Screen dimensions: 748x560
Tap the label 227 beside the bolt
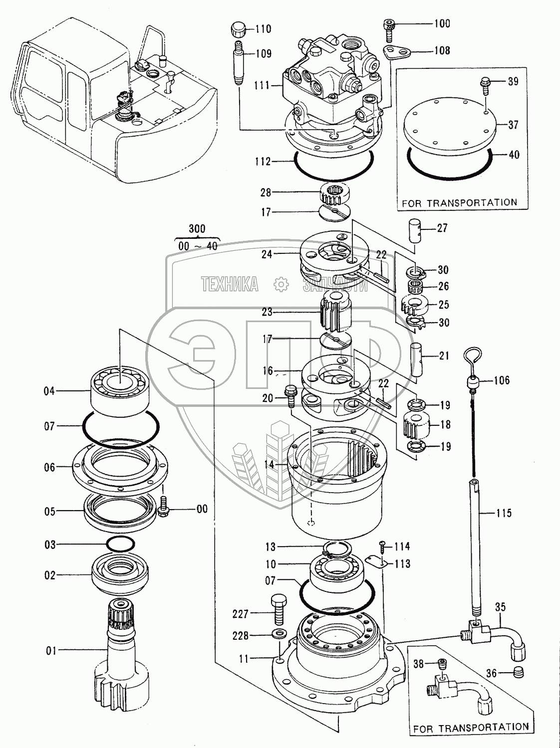(x=241, y=614)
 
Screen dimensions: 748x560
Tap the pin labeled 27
(x=416, y=229)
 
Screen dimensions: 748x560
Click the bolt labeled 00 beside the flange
(x=164, y=508)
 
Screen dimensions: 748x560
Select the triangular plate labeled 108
(x=395, y=52)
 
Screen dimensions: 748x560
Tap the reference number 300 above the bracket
(x=197, y=229)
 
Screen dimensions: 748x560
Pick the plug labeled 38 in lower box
(x=442, y=663)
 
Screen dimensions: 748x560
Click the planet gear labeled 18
(x=416, y=424)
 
